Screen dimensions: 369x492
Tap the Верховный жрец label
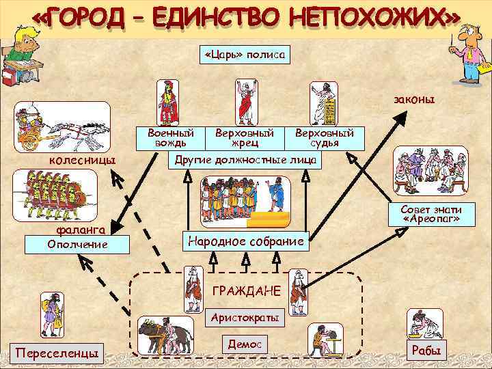[245, 137]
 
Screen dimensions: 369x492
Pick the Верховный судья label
[324, 137]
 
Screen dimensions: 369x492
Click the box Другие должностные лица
[245, 159]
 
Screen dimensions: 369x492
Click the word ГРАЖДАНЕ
[246, 292]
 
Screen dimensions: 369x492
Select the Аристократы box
[245, 318]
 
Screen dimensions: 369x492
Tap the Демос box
[245, 344]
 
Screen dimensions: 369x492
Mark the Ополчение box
[76, 244]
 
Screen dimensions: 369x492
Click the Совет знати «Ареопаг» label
[430, 215]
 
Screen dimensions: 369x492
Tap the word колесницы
[80, 160]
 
